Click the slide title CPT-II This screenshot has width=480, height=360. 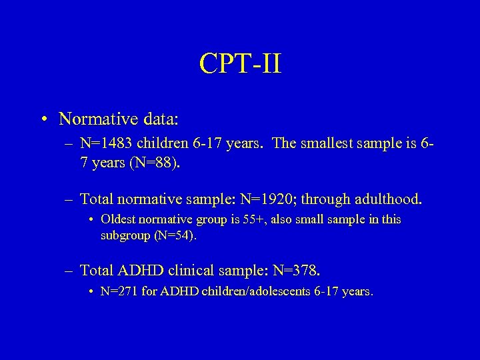click(x=240, y=65)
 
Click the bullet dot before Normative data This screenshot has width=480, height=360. click(x=43, y=119)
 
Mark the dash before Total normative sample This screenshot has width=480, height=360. click(x=70, y=198)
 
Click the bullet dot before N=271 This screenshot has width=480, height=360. click(x=91, y=291)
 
